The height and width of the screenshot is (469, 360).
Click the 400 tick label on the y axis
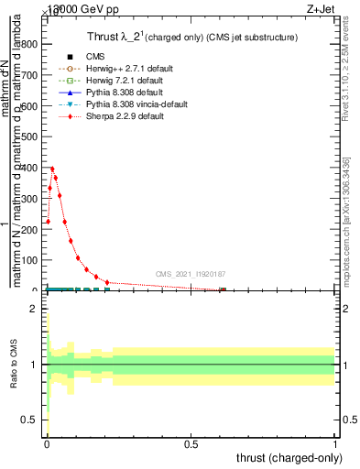tap(34, 168)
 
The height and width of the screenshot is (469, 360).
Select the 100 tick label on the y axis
tap(34, 260)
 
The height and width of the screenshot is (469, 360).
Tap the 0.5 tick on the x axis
tap(191, 444)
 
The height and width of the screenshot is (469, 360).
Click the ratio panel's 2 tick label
tap(35, 310)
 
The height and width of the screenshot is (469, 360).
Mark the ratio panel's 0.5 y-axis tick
tap(31, 420)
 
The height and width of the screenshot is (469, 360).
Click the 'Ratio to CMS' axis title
tap(14, 365)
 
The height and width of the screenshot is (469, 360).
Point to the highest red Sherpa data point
tap(52, 169)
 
